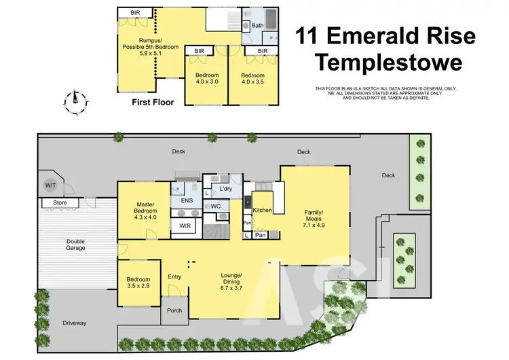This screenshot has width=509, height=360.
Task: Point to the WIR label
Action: tap(185, 226)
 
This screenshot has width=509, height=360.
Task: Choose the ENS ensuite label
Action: tap(187, 201)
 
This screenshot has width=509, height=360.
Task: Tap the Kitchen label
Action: tap(263, 211)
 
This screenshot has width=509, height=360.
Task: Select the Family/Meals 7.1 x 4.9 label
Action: tap(313, 216)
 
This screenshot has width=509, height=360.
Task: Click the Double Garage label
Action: tap(76, 245)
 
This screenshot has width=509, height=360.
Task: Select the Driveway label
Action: tap(75, 323)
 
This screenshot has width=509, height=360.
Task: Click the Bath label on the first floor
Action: tap(258, 25)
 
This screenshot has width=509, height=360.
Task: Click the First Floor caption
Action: tap(153, 103)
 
